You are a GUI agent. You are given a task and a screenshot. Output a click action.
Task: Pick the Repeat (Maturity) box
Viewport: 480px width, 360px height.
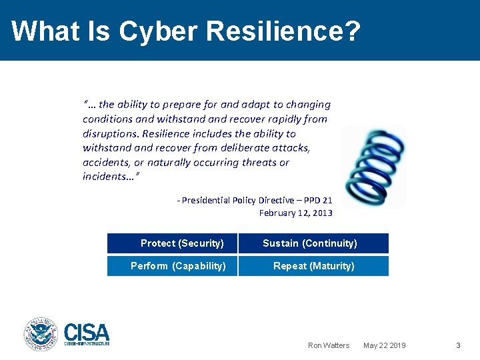coord(313,266)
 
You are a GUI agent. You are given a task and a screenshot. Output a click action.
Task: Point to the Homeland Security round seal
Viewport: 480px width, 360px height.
coord(41,334)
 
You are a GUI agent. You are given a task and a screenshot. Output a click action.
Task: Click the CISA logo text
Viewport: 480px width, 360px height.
coord(87,332)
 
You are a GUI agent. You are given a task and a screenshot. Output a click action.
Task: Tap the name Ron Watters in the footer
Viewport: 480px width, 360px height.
coord(328,345)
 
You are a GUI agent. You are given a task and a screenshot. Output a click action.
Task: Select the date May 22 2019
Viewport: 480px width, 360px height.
coord(384,345)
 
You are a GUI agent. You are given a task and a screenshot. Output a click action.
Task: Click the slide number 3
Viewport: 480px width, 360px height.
coord(458,345)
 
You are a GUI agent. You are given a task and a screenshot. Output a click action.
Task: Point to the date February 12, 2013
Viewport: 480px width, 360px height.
coord(295,213)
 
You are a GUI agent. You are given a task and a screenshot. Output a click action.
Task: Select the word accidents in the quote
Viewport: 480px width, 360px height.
coord(106,163)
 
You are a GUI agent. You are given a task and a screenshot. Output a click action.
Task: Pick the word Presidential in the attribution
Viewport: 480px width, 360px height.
coord(206,200)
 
